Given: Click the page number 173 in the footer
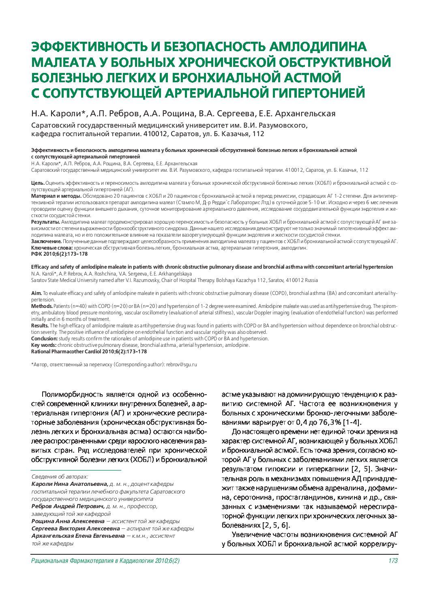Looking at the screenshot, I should pyautogui.click(x=393, y=561).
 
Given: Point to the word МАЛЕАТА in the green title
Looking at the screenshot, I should pyautogui.click(x=63, y=62).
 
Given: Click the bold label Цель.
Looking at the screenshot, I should pyautogui.click(x=38, y=183).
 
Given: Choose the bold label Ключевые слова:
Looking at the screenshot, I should pyautogui.click(x=52, y=248).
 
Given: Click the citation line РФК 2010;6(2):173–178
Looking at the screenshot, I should pyautogui.click(x=59, y=254).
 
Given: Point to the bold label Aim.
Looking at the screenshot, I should pyautogui.click(x=36, y=293).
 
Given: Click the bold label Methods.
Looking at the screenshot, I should pyautogui.click(x=42, y=306).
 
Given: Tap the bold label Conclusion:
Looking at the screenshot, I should pyautogui.click(x=45, y=339).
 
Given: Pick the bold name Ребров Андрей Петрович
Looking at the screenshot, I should pyautogui.click(x=68, y=507).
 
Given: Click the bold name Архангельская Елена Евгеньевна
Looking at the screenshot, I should pyautogui.click(x=78, y=536).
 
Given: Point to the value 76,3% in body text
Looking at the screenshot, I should pyautogui.click(x=324, y=423).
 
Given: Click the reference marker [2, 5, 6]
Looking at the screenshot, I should pyautogui.click(x=276, y=526).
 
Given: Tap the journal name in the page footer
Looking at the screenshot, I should pyautogui.click(x=105, y=561).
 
